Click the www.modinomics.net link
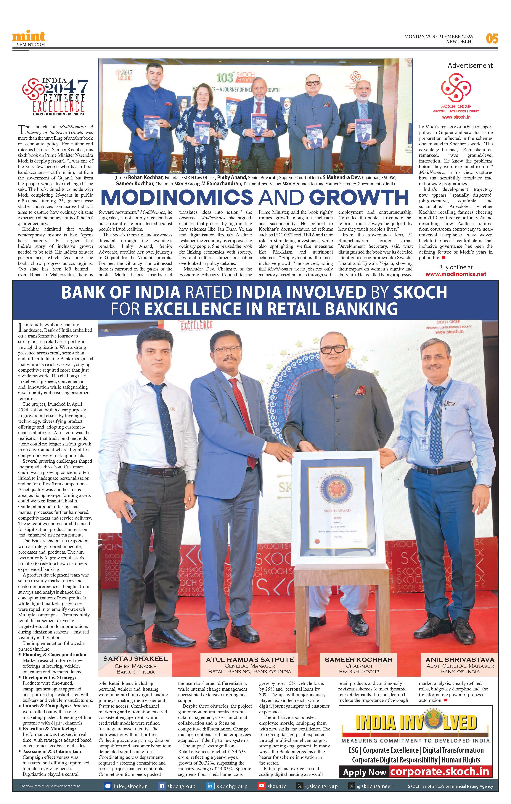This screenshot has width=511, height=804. coord(456,274)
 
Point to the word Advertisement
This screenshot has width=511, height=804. coord(470,66)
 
